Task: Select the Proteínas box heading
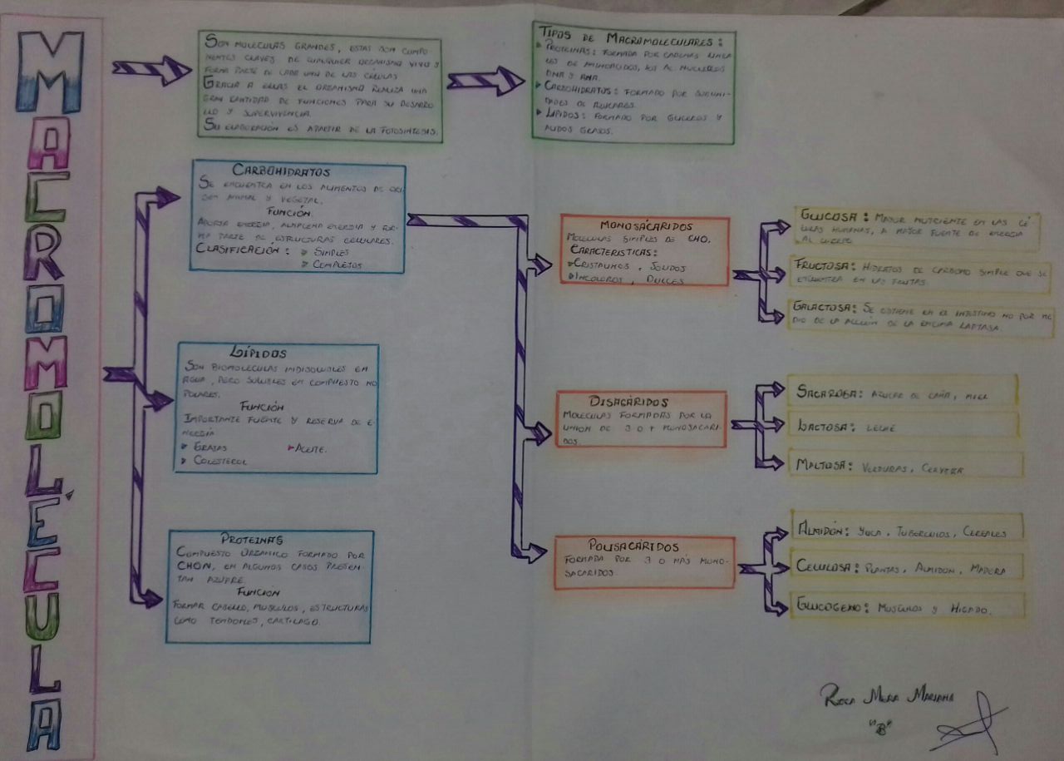pyautogui.click(x=253, y=540)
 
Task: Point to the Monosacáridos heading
pyautogui.click(x=645, y=226)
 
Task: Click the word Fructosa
pyautogui.click(x=824, y=267)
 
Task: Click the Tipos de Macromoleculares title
pyautogui.click(x=631, y=36)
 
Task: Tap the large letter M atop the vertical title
pyautogui.click(x=50, y=73)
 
